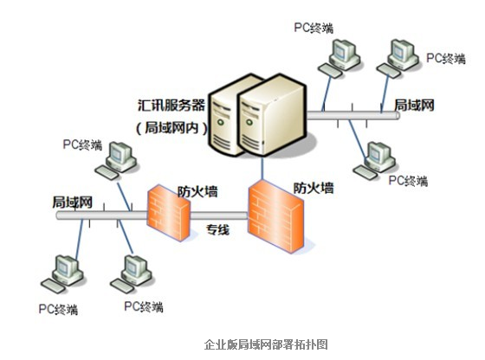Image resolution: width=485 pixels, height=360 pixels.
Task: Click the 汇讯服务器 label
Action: pos(171,105)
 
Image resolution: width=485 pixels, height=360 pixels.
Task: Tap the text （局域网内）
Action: pos(171,127)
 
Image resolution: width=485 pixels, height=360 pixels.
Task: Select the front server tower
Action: pos(272,115)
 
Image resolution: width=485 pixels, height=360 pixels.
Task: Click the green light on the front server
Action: pos(249,122)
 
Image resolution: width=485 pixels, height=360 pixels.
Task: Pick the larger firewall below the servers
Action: pos(275,217)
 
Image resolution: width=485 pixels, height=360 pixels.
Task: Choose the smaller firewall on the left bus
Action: pos(168,212)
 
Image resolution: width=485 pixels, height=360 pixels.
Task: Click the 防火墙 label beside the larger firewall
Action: pos(314,188)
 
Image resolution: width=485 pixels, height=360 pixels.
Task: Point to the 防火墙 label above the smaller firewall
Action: pos(197,191)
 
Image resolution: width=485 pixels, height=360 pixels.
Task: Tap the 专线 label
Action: pos(217,230)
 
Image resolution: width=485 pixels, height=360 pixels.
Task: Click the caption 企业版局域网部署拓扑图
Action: pos(266,344)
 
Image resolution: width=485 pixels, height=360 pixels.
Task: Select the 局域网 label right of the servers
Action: pos(414,105)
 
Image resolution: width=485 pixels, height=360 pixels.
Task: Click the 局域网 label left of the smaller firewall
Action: pos(72,202)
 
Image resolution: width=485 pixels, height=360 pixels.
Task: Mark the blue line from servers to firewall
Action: pos(262,168)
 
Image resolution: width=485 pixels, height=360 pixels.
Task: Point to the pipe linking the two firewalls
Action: pos(218,215)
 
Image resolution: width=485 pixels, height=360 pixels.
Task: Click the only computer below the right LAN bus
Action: pos(374,160)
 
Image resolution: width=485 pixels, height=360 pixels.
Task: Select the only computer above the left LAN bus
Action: pos(116,160)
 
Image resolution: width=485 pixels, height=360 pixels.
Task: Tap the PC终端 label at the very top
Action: pos(314,28)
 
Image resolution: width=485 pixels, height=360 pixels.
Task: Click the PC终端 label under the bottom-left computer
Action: pos(58,309)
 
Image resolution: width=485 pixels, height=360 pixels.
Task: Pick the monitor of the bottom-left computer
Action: pos(65,267)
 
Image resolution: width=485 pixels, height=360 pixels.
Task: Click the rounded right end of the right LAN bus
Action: pos(398,115)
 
